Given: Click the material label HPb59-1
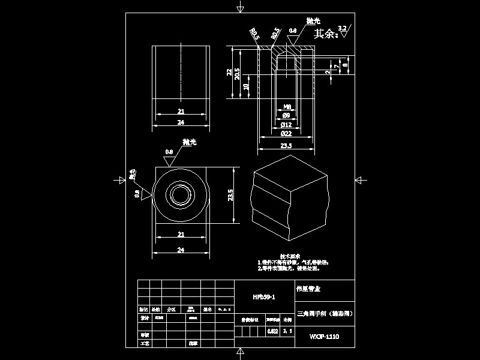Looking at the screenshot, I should point(263,297).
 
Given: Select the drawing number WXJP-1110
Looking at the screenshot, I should point(325,337).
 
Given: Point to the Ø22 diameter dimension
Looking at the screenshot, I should point(286,133).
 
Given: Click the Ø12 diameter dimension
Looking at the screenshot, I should point(286,124).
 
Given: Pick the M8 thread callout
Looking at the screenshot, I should point(286,106).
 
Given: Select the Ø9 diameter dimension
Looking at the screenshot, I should point(286,115).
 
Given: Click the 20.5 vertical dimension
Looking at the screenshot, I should point(238,73).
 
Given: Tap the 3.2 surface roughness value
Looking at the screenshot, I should point(343,28).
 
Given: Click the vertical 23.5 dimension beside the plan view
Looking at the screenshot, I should point(231,195).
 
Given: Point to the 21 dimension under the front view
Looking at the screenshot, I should point(181,111).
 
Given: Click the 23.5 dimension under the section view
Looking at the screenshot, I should point(286,145).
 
